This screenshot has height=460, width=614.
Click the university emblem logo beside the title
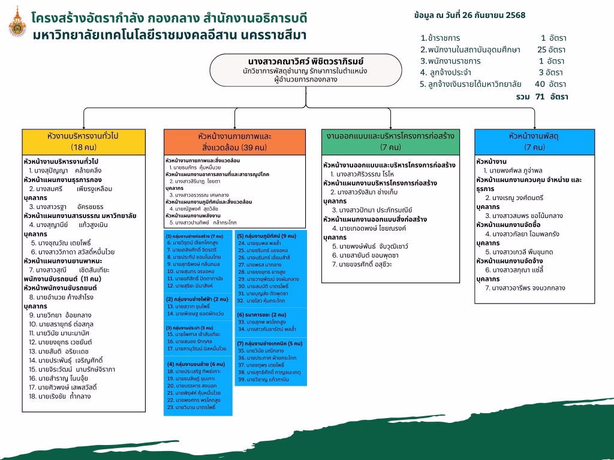pyautogui.click(x=16, y=22)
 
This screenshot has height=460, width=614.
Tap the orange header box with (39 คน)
pyautogui.click(x=234, y=141)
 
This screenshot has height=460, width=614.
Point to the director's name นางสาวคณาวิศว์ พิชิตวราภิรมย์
pyautogui.click(x=306, y=62)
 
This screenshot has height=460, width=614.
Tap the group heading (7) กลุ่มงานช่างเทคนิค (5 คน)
pyautogui.click(x=269, y=343)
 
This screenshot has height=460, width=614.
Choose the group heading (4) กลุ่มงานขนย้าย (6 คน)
pyautogui.click(x=196, y=364)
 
